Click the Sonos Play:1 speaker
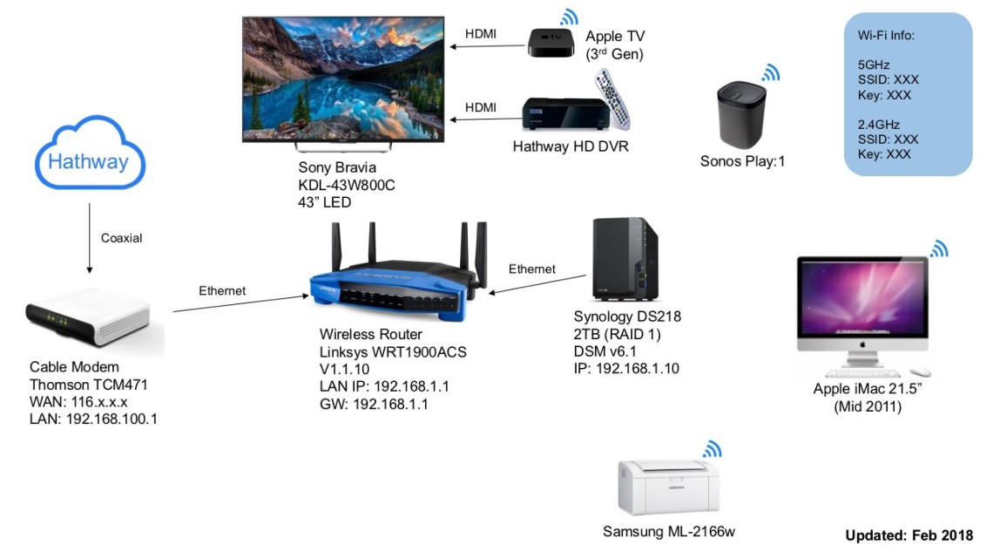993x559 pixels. pos(740,113)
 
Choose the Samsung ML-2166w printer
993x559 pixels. pos(668,488)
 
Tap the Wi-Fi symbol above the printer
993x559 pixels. pos(713,449)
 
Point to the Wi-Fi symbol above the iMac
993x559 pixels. pos(938,249)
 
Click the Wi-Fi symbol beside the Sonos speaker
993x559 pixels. pos(771,72)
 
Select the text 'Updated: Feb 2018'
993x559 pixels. pos(909,535)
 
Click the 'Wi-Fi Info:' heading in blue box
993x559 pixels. pos(886,36)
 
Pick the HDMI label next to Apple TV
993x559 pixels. pos(481,33)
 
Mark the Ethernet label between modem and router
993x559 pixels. pos(222,290)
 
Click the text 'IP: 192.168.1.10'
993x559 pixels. pos(626,369)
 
